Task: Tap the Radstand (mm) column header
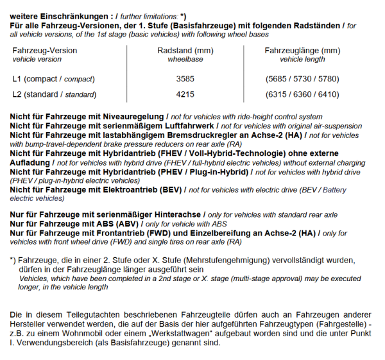pyautogui.click(x=185, y=50)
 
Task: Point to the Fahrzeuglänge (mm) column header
pyautogui.click(x=302, y=50)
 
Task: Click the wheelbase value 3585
pyautogui.click(x=185, y=79)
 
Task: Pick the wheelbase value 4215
pyautogui.click(x=185, y=94)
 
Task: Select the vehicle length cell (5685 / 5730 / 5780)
pyautogui.click(x=302, y=79)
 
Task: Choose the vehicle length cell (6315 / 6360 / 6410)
pyautogui.click(x=302, y=94)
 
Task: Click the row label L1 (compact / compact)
pyautogui.click(x=53, y=79)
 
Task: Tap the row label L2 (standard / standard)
pyautogui.click(x=54, y=94)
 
